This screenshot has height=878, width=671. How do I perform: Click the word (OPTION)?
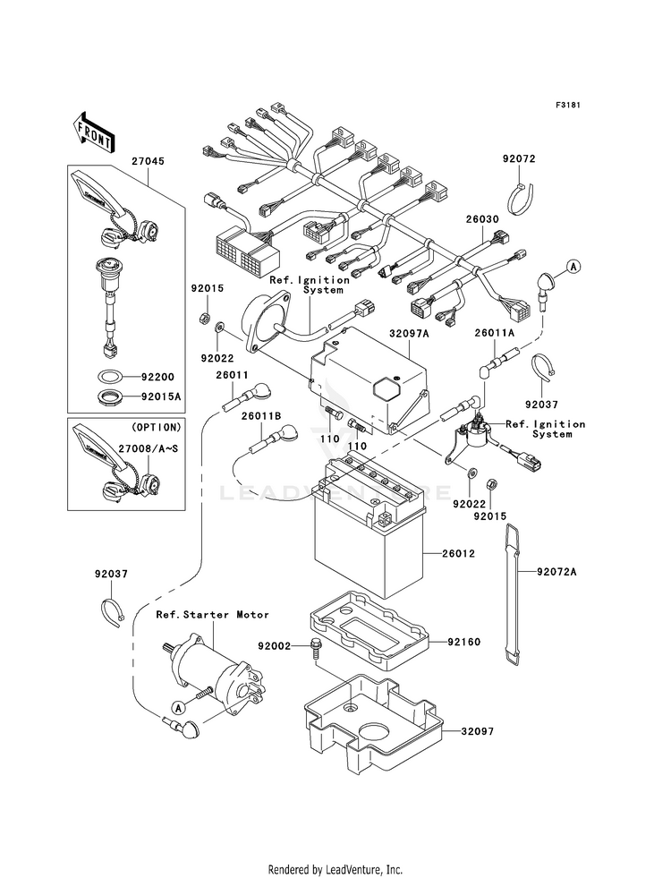tap(155, 426)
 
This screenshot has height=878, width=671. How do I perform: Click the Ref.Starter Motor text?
tap(212, 615)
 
